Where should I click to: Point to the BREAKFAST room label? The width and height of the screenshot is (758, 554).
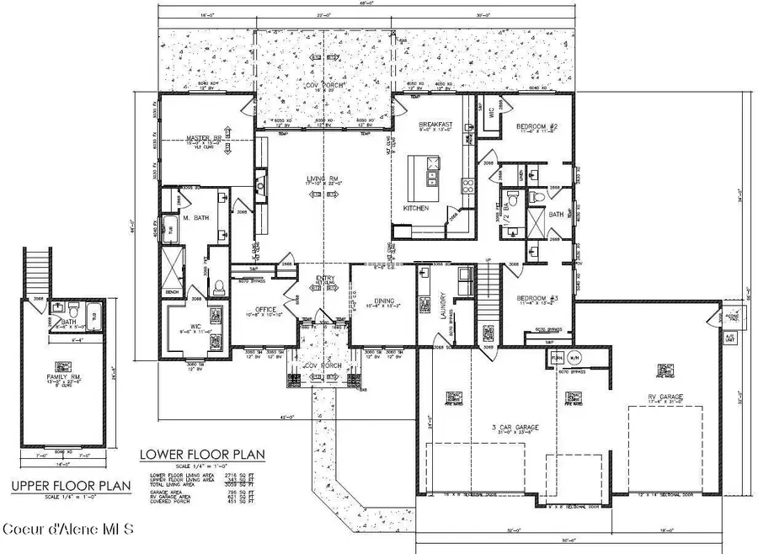click(436, 123)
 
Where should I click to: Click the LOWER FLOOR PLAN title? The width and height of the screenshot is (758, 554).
click(201, 455)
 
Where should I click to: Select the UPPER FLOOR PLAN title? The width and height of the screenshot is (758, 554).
click(72, 486)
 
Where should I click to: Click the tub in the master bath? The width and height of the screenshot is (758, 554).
click(167, 227)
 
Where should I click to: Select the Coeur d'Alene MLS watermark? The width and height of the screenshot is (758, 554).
click(67, 530)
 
